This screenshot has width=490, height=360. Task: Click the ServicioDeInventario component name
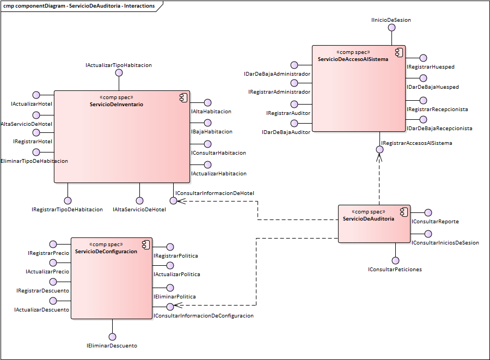click(x=117, y=104)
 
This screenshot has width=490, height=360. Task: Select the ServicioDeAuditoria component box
click(x=373, y=229)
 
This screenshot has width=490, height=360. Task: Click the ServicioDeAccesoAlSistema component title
click(x=353, y=59)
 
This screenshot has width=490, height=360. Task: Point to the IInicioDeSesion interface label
click(x=391, y=20)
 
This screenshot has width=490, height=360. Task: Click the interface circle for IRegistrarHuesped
click(x=423, y=58)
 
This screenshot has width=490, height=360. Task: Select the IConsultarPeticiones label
click(x=395, y=269)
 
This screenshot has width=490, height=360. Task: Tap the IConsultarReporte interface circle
click(x=428, y=213)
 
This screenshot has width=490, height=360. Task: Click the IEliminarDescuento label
click(x=112, y=345)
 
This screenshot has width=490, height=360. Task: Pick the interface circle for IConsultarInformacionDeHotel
click(x=173, y=200)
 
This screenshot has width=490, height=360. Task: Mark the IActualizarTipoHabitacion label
click(x=119, y=65)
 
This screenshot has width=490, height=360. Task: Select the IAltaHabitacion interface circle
click(x=207, y=102)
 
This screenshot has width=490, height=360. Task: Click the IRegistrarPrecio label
click(x=48, y=253)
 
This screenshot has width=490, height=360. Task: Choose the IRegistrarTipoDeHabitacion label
click(x=68, y=209)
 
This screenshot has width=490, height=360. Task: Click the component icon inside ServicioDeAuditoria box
click(x=403, y=211)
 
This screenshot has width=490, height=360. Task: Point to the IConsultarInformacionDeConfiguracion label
click(x=203, y=315)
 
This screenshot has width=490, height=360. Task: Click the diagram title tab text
click(x=79, y=6)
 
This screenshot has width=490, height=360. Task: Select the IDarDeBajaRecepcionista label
click(x=439, y=128)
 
